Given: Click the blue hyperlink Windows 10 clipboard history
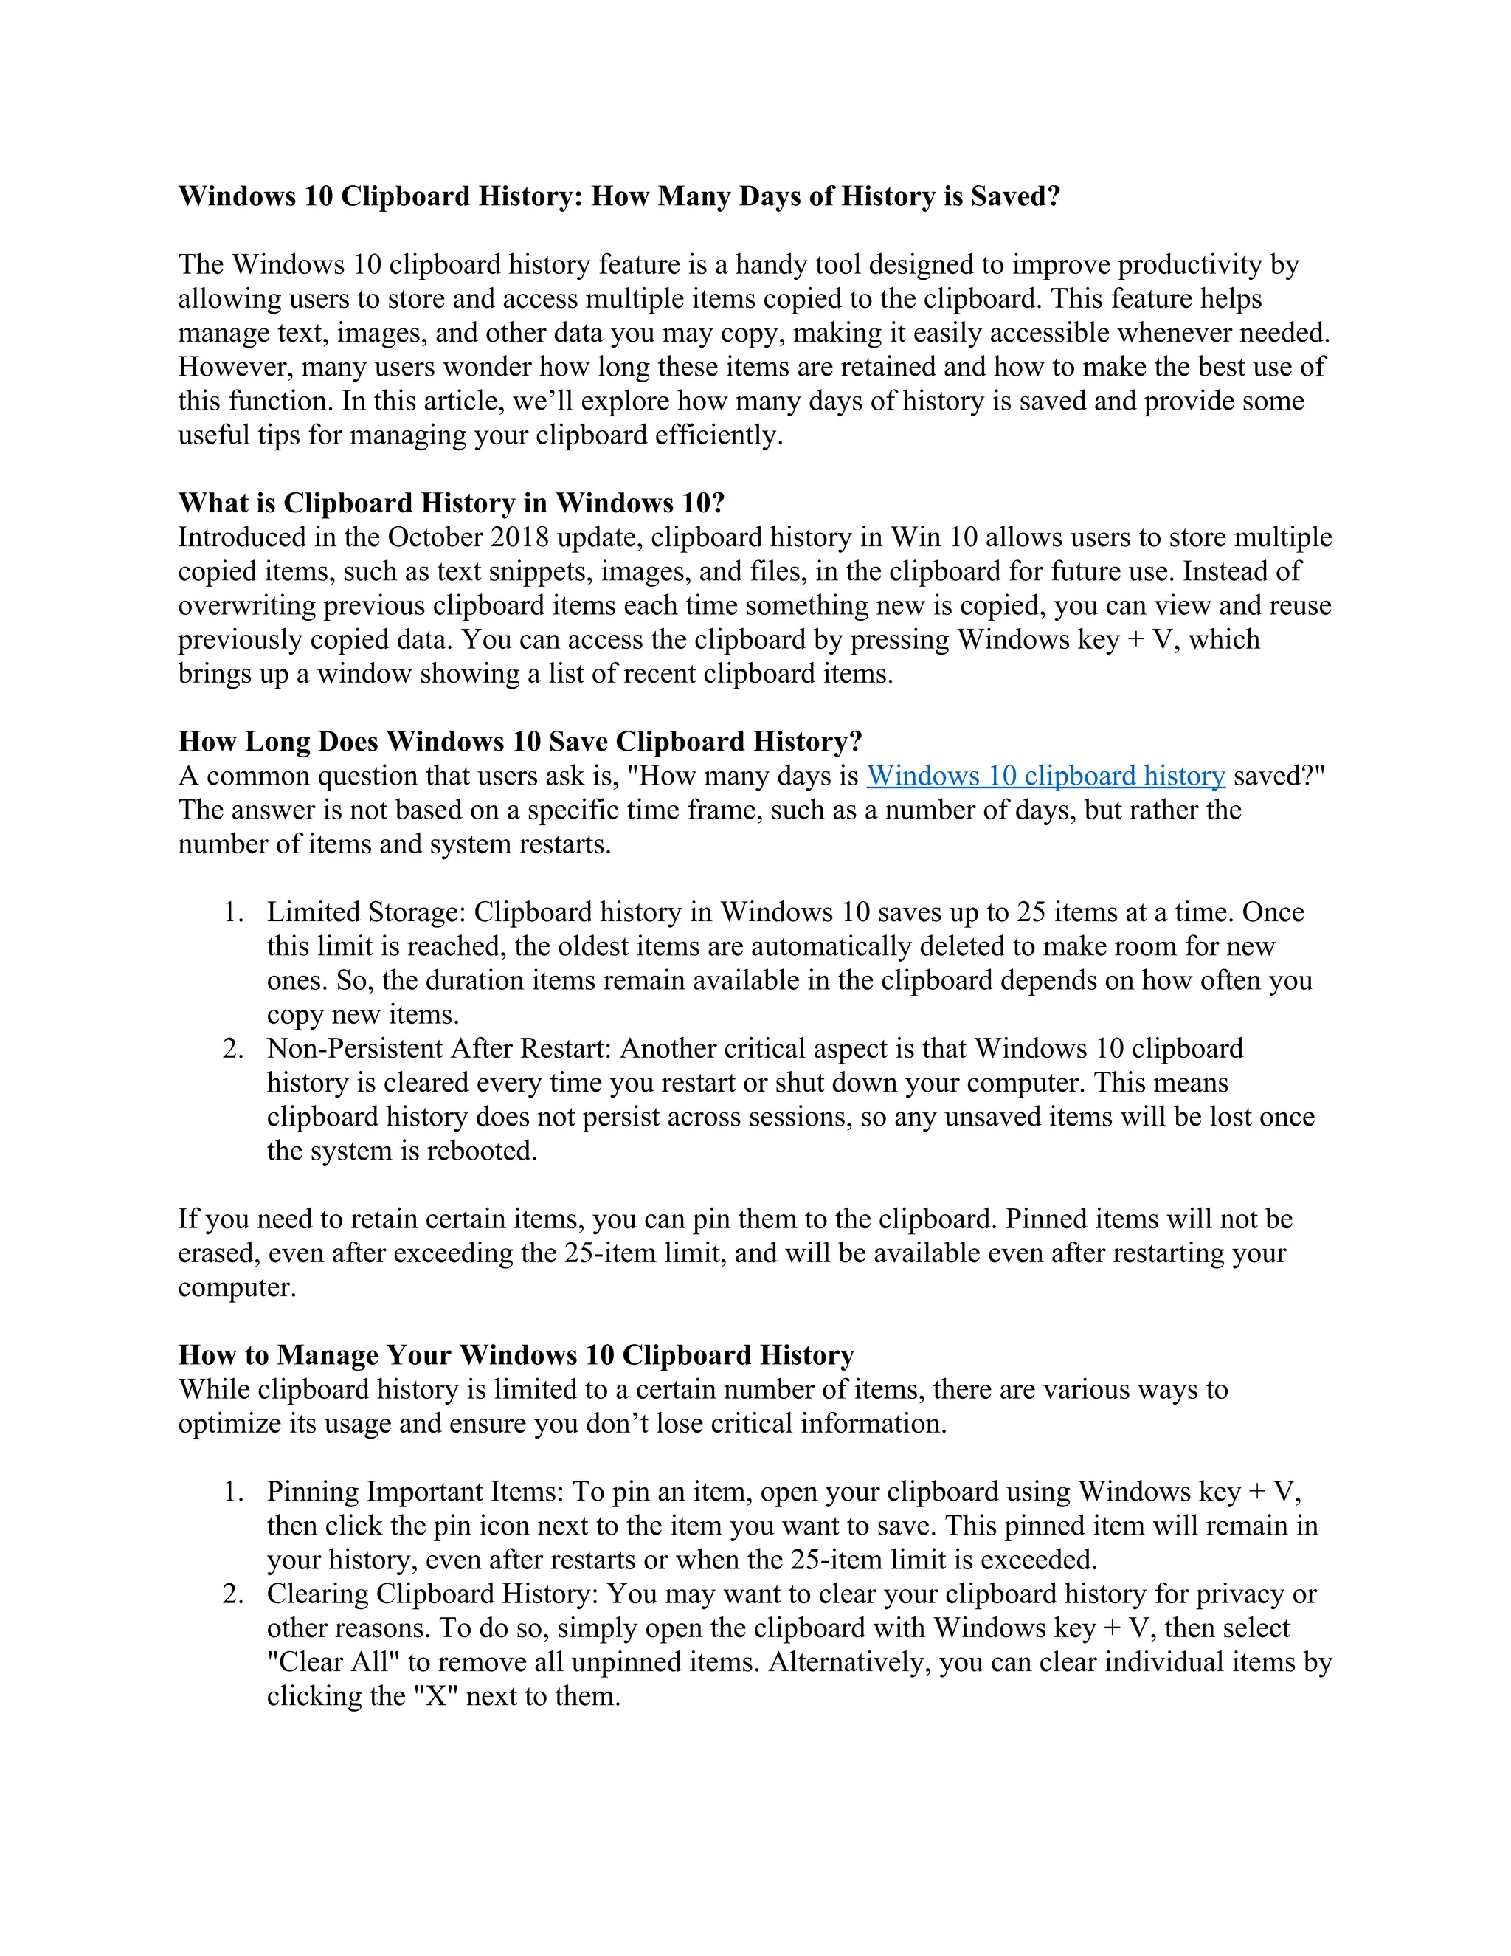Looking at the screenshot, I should pyautogui.click(x=1045, y=776).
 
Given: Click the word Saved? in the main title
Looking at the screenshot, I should pyautogui.click(x=1015, y=196).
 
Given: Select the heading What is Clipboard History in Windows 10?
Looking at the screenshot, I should pyautogui.click(x=451, y=503).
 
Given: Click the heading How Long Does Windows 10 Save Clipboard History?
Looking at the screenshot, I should pyautogui.click(x=520, y=742).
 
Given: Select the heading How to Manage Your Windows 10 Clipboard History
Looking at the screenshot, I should pyautogui.click(x=516, y=1355).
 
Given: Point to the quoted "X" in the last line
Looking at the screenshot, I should pyautogui.click(x=435, y=1695).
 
